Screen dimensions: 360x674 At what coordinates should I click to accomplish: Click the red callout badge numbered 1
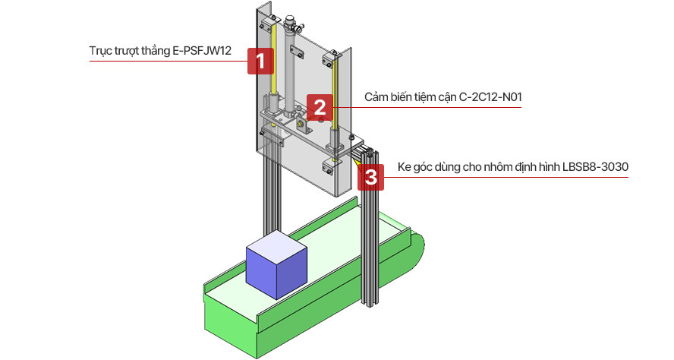260,61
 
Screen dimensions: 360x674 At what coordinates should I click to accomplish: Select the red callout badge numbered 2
320,107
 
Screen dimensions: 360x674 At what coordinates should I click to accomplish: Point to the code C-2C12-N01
490,98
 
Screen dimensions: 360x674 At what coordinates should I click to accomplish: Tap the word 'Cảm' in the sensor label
377,98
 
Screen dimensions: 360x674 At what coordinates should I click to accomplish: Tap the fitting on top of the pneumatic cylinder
291,17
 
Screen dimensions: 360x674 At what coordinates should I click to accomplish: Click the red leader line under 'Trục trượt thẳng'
167,62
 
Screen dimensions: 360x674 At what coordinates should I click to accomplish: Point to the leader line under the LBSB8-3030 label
516,177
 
